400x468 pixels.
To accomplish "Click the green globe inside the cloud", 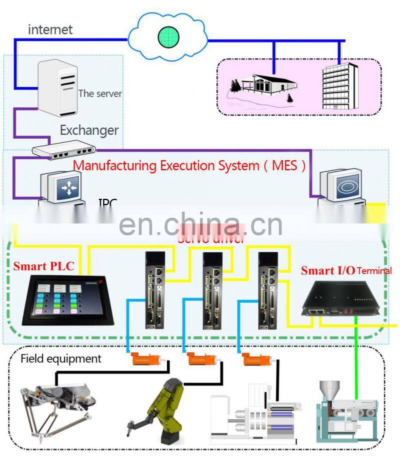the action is tap(168, 36).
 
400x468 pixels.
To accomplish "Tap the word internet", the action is tap(50, 29).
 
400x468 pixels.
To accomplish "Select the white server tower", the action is tap(59, 86).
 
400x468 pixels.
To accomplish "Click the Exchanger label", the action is tap(89, 131).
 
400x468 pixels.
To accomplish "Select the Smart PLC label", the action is tap(43, 266).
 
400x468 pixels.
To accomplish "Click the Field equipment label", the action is tap(61, 359).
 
